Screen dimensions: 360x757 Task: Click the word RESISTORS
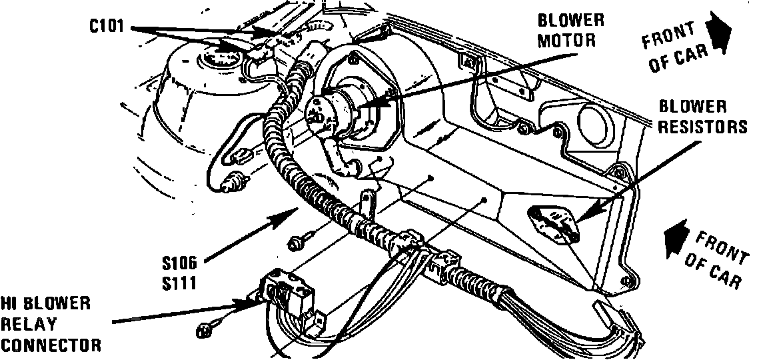703,127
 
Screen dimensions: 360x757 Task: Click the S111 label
178,283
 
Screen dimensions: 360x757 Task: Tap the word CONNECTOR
51,345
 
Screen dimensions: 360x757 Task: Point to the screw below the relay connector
205,329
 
